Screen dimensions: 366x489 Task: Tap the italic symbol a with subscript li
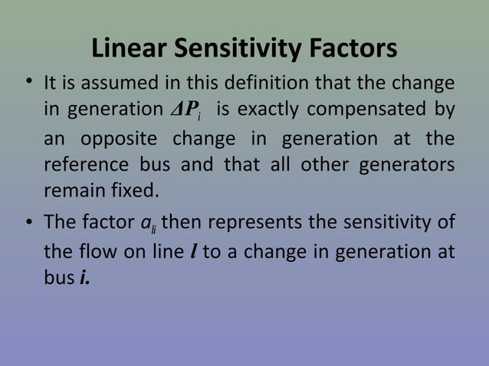(x=149, y=224)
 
